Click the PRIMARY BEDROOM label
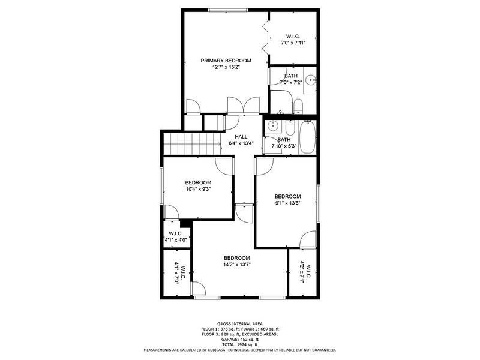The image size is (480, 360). (x=226, y=61)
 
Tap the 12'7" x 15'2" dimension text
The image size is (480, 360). (x=226, y=67)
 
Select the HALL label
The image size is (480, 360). (x=241, y=137)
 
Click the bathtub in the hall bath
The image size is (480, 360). (x=307, y=137)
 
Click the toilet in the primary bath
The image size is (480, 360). (x=298, y=106)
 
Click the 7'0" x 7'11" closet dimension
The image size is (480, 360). (x=293, y=43)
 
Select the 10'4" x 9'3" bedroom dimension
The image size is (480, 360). (x=198, y=189)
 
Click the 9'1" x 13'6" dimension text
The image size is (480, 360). (x=287, y=203)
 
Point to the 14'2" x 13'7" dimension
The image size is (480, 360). (x=237, y=265)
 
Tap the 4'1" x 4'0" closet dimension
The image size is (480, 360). (x=176, y=240)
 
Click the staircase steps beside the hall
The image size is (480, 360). (x=192, y=144)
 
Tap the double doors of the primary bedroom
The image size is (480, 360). (x=244, y=106)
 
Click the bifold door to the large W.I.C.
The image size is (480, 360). (x=266, y=37)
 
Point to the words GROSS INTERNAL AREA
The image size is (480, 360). (x=240, y=323)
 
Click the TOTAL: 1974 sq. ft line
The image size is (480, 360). (x=240, y=344)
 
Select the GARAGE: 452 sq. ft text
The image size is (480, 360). (x=240, y=339)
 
